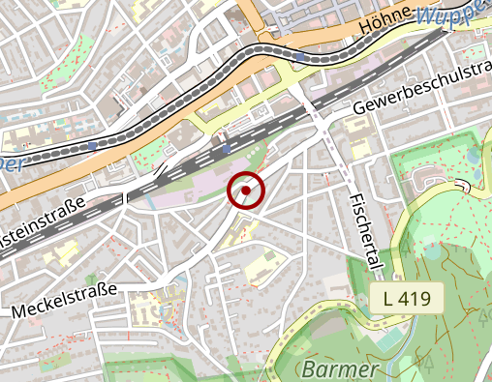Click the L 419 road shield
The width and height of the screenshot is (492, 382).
407,299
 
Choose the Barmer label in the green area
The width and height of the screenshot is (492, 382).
338,369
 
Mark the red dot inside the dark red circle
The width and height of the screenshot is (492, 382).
246,191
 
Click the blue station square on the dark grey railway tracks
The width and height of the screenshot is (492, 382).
226,148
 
